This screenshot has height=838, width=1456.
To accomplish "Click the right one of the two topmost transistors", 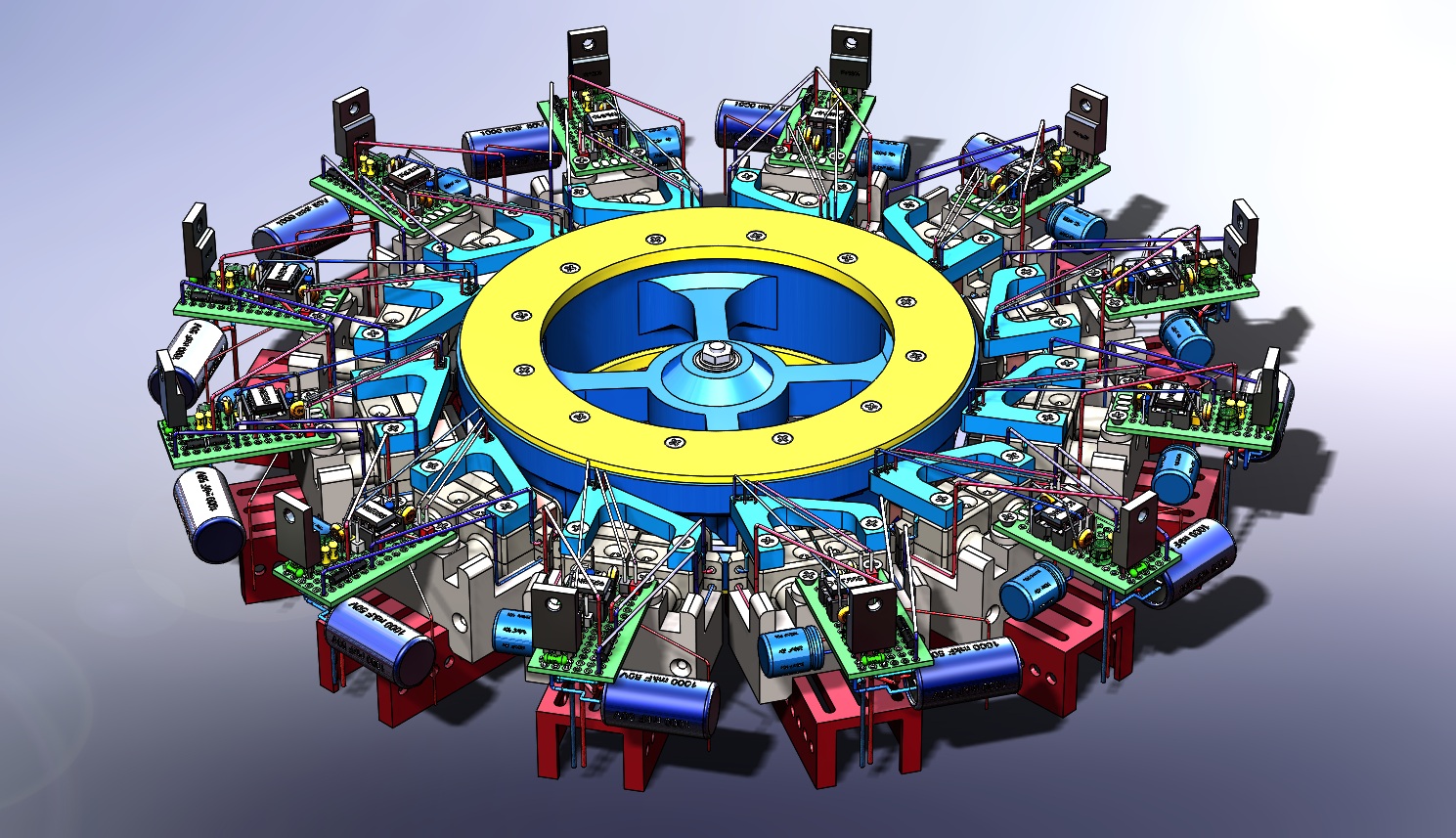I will point(850,60).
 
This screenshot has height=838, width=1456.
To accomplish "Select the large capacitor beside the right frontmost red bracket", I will point(968,675).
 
